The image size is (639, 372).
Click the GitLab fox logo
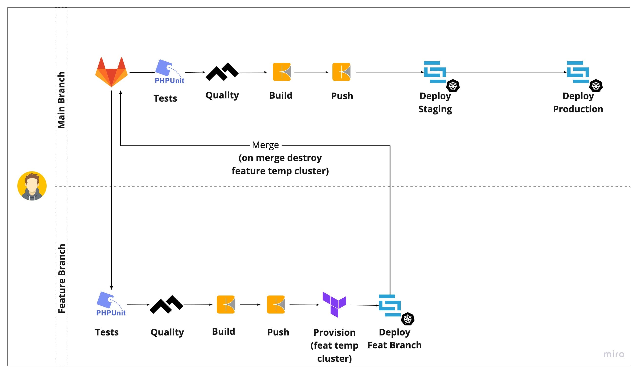pyautogui.click(x=111, y=72)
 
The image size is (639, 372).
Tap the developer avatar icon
pyautogui.click(x=32, y=186)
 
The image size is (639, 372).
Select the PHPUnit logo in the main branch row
pyautogui.click(x=169, y=72)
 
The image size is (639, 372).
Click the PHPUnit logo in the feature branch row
pyautogui.click(x=111, y=304)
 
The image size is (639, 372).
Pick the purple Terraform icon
pyautogui.click(x=334, y=305)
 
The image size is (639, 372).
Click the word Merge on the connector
pyautogui.click(x=265, y=145)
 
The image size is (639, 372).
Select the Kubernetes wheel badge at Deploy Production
pyautogui.click(x=596, y=86)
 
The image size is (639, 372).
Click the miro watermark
pyautogui.click(x=614, y=354)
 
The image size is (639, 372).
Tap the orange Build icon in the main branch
pyautogui.click(x=282, y=72)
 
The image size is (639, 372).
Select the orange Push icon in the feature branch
pyautogui.click(x=276, y=305)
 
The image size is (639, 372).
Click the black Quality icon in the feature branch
pyautogui.click(x=166, y=305)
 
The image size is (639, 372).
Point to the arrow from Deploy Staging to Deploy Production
pyautogui.click(x=507, y=72)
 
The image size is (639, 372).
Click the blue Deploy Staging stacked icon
pyautogui.click(x=435, y=72)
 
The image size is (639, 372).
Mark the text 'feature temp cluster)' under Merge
pyautogui.click(x=280, y=171)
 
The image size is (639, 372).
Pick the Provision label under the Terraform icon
pyautogui.click(x=334, y=333)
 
